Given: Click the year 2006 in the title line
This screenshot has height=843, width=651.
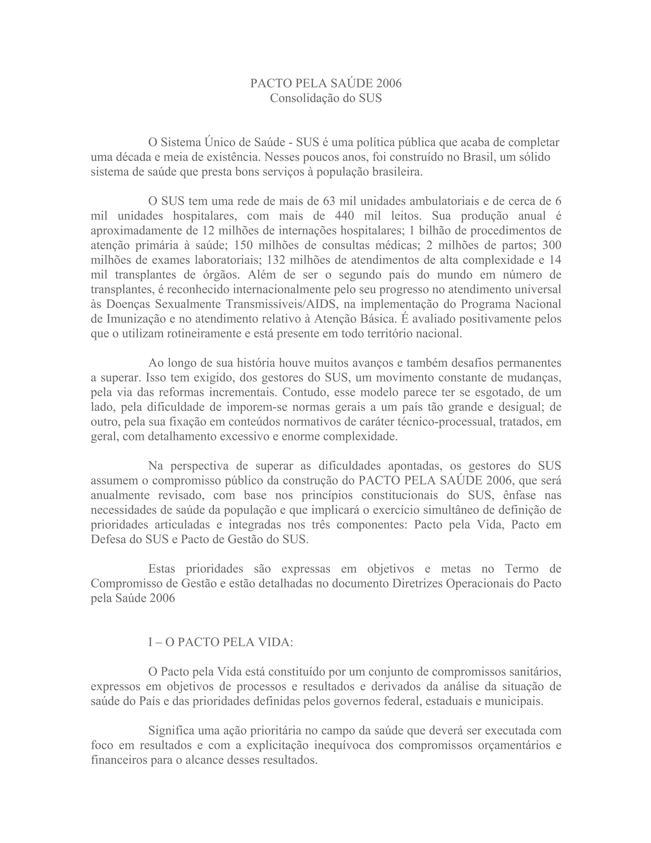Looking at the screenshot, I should pyautogui.click(x=388, y=83).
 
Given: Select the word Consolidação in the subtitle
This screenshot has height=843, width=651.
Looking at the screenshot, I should pyautogui.click(x=305, y=99).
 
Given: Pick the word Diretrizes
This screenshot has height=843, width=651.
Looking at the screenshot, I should pyautogui.click(x=418, y=583).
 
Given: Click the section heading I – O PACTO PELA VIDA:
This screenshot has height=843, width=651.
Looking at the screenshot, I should pyautogui.click(x=221, y=642).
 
